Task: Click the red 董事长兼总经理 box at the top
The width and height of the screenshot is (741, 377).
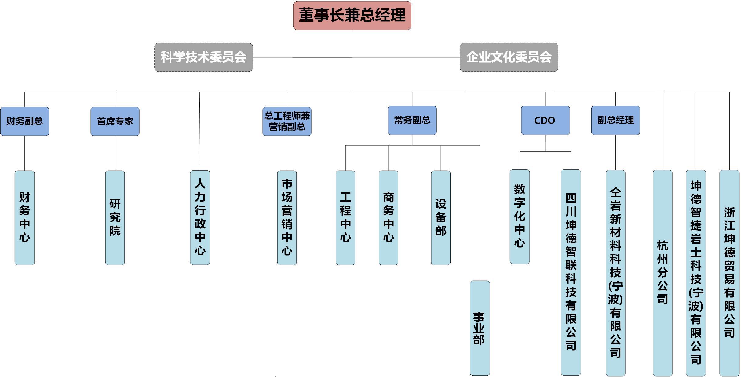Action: [x=352, y=16]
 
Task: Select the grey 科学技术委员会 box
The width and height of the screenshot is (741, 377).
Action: [x=203, y=57]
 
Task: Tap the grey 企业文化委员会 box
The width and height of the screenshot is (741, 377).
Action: [x=509, y=57]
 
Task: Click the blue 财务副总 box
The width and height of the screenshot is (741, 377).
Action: [x=24, y=121]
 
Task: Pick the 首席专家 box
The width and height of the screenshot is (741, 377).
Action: [x=115, y=121]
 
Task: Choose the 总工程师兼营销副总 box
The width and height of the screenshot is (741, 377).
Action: [x=287, y=121]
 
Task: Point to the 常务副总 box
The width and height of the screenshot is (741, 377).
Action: [x=412, y=120]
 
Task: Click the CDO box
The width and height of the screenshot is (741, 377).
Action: [x=545, y=120]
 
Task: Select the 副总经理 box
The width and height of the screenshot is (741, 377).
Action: [x=615, y=120]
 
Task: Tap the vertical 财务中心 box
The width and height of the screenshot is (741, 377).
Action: [x=24, y=217]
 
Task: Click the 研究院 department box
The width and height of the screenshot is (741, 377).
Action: [x=115, y=217]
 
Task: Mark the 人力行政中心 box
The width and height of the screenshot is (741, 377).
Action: [x=200, y=217]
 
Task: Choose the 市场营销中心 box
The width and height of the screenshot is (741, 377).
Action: [x=287, y=217]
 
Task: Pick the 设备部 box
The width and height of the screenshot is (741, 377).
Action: [x=440, y=217]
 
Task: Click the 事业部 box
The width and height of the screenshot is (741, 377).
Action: [x=480, y=328]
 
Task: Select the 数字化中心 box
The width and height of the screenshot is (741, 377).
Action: [x=520, y=217]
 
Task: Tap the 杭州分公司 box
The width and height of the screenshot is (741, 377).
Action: [x=663, y=273]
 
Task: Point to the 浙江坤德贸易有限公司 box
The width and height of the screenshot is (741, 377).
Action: [x=729, y=273]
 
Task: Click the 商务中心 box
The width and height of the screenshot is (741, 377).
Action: [x=388, y=217]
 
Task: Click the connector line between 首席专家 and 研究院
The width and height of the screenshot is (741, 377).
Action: [x=115, y=153]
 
